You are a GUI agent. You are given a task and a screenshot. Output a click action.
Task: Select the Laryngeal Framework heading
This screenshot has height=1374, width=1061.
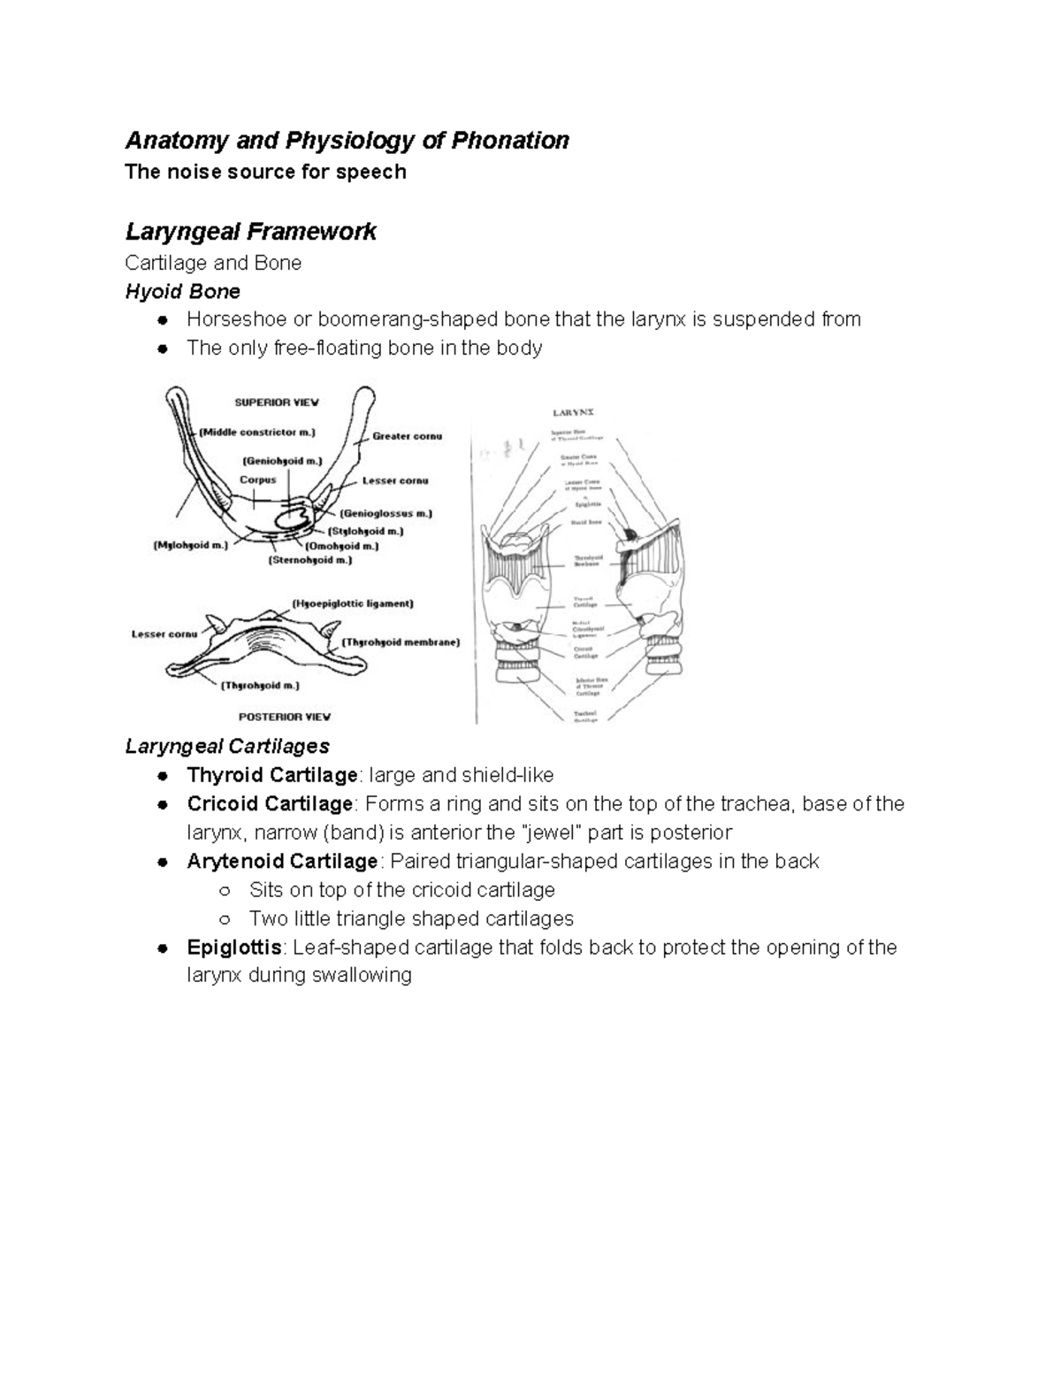click(250, 232)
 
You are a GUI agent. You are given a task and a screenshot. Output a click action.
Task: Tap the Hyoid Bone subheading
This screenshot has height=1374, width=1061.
click(182, 291)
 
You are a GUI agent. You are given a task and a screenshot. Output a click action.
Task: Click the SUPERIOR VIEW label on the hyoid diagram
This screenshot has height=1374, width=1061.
click(276, 402)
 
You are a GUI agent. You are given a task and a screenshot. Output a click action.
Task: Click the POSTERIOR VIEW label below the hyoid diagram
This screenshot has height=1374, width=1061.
click(284, 717)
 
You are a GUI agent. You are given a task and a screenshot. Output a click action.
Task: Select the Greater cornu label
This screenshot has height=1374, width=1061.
click(407, 436)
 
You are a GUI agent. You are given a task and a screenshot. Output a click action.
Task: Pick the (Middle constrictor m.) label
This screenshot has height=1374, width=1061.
click(256, 433)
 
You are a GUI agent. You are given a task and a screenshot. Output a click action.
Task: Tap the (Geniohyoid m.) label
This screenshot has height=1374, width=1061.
click(282, 461)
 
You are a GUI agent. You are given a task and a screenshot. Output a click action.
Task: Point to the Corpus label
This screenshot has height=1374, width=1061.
click(257, 480)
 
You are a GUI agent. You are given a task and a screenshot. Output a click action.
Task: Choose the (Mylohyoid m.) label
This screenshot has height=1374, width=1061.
click(190, 546)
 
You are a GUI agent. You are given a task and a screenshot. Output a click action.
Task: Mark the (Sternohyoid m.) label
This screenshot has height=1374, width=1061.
click(309, 560)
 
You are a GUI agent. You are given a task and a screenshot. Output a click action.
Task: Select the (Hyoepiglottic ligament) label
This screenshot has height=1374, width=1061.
click(352, 603)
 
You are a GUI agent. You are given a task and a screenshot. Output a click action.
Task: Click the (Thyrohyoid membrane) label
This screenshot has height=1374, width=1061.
click(401, 642)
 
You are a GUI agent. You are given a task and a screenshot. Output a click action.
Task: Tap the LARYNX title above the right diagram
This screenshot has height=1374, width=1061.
click(574, 412)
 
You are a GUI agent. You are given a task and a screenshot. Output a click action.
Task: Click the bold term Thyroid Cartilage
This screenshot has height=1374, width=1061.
click(271, 776)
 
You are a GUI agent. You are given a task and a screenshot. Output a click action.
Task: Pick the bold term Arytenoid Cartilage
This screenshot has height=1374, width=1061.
click(282, 862)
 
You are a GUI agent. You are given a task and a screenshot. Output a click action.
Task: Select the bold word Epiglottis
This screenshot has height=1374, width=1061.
click(234, 948)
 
